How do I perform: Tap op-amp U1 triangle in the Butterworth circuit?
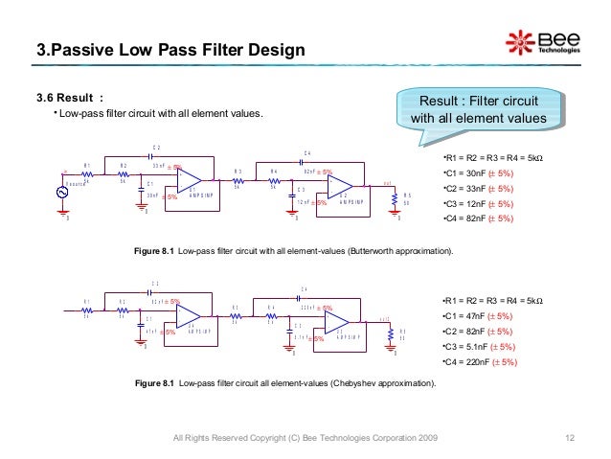coord(189,180)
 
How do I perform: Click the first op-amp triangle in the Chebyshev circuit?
coord(187,317)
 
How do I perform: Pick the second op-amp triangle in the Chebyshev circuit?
coord(342,325)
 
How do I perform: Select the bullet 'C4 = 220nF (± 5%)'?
coord(483,362)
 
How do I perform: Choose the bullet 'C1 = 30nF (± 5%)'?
coord(479,172)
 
